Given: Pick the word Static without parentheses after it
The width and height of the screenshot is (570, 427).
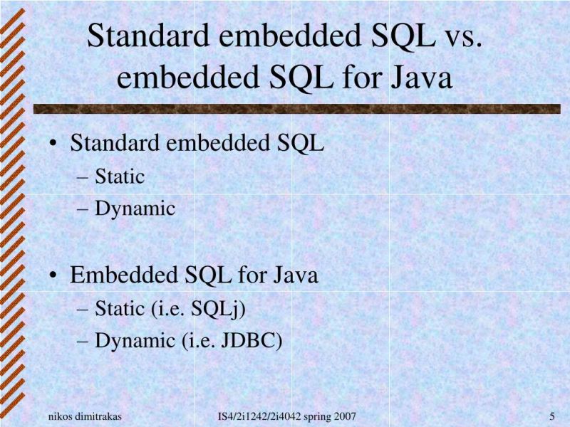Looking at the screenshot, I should pos(120,176).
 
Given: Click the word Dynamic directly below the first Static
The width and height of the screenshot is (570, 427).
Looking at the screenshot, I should pos(135,209).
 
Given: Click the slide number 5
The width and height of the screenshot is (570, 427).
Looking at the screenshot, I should pos(552,416).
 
